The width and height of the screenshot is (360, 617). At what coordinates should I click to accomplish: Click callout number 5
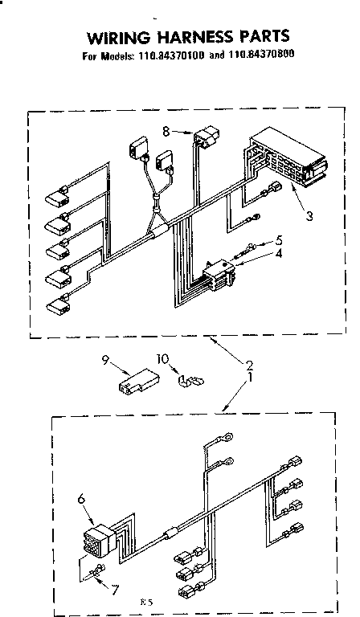(279, 240)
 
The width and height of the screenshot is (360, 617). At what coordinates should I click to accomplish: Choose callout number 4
(278, 255)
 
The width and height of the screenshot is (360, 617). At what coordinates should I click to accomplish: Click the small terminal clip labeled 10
(190, 378)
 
